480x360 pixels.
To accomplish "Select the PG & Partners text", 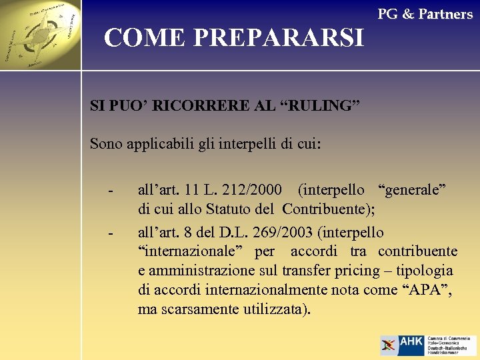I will tap(425, 14).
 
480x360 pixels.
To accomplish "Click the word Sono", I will tap(106, 143).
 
